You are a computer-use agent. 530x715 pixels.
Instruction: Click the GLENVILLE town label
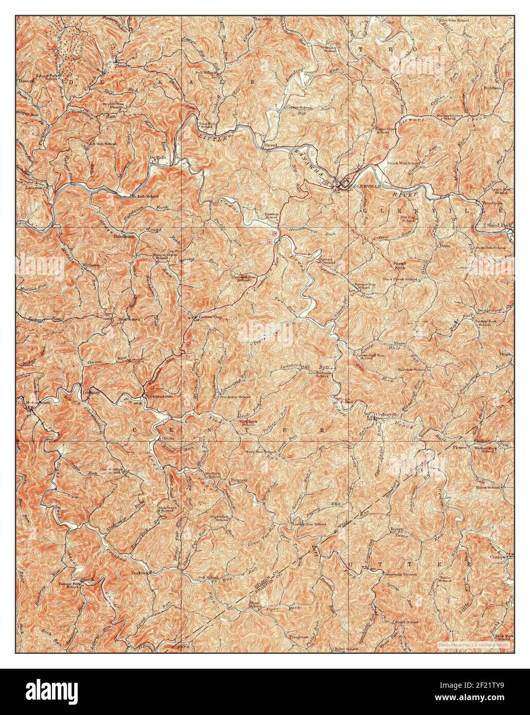(x=365, y=188)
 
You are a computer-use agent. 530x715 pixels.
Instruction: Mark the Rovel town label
(x=271, y=146)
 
